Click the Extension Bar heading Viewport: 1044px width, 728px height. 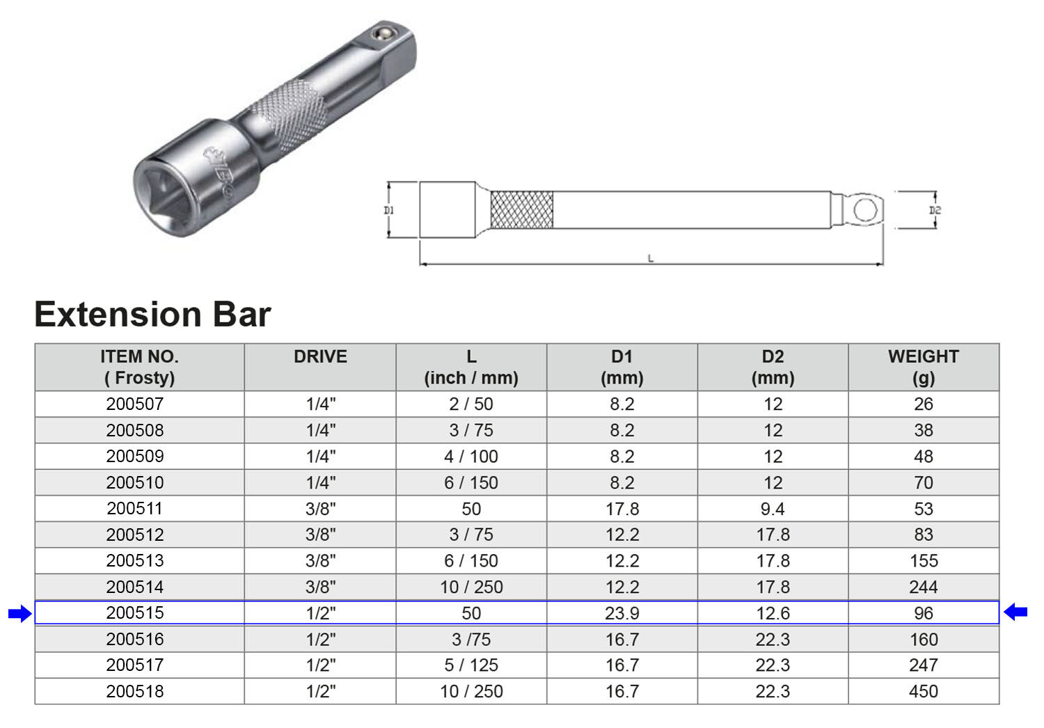(x=153, y=315)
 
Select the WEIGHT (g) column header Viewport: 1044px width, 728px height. (x=924, y=367)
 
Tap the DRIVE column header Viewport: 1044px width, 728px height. (x=320, y=356)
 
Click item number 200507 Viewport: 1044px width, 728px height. (x=135, y=404)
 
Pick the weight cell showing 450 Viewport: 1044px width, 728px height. (x=924, y=691)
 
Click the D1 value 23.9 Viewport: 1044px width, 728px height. (x=622, y=613)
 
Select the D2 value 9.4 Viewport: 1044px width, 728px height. (x=773, y=509)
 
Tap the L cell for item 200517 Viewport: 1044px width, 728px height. (x=470, y=665)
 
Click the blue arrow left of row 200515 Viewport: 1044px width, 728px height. (x=20, y=613)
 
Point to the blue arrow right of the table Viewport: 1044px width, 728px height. (x=1015, y=612)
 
